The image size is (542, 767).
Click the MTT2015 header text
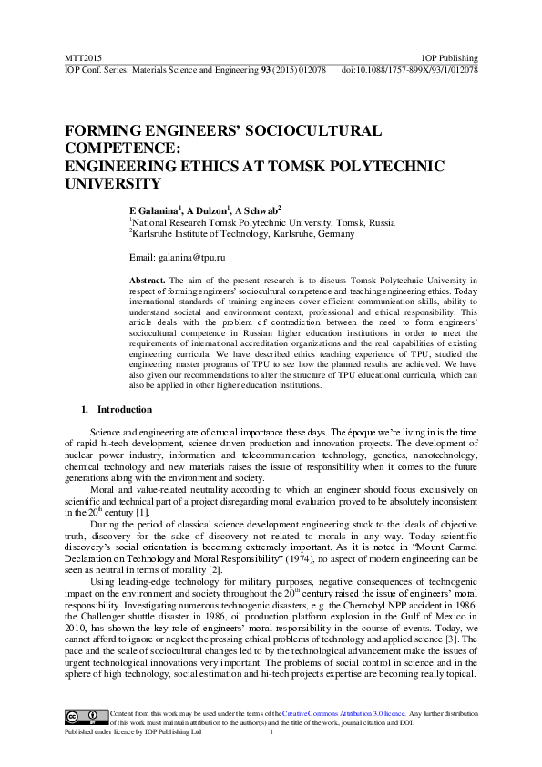tap(79, 57)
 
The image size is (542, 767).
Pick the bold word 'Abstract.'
tap(147, 281)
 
